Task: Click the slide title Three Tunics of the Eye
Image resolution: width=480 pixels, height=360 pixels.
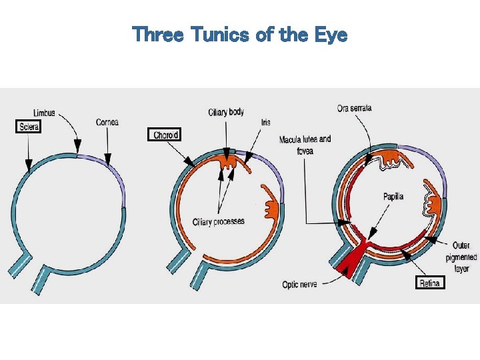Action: (240, 34)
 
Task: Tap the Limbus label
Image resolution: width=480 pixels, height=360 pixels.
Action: (43, 113)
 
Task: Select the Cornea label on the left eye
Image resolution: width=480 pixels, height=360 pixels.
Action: (107, 122)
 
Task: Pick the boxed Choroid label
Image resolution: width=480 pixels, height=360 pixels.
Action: (165, 135)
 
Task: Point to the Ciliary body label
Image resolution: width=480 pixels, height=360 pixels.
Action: (226, 111)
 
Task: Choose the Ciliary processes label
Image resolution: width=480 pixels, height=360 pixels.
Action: (218, 221)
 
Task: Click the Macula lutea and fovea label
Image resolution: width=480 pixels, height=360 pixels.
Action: (305, 145)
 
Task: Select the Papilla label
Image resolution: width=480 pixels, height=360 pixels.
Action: (393, 197)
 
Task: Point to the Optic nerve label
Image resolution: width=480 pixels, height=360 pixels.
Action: (299, 285)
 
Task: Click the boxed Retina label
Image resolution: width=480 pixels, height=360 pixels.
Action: (430, 283)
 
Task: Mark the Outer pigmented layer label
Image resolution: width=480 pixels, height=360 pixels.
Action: (460, 257)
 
